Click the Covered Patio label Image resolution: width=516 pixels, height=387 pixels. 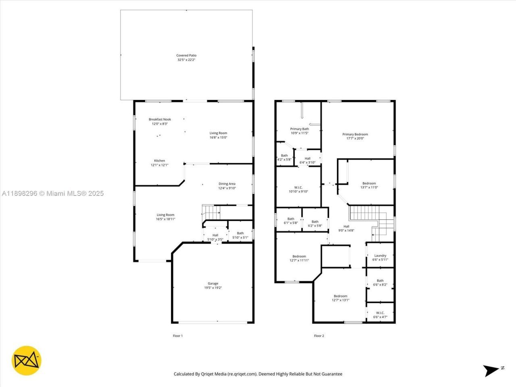coord(186,56)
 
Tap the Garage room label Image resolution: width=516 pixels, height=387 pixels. coord(213,283)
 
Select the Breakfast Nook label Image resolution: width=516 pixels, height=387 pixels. coord(160,119)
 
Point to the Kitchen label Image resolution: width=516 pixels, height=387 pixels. coord(159,160)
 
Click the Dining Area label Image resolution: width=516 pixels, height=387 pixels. coord(227,184)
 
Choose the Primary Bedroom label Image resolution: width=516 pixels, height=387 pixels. coord(355,134)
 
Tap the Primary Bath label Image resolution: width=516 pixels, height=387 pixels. coord(299,129)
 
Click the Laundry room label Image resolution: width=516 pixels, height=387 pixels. coord(380,256)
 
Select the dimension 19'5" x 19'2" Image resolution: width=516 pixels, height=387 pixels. coord(213,288)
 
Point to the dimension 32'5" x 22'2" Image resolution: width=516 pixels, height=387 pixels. coord(186,60)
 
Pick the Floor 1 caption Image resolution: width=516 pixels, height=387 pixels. coord(178,336)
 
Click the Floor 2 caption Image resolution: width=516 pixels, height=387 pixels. coord(319,336)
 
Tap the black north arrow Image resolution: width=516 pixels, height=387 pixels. coord(491,370)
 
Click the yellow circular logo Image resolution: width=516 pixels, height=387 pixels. coord(26,360)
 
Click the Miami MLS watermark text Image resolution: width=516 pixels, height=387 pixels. coord(52,193)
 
